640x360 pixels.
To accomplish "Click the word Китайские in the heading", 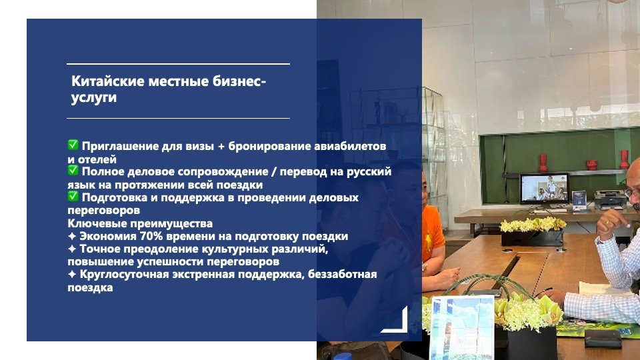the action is pyautogui.click(x=108, y=81).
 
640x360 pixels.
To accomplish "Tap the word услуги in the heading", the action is pyautogui.click(x=94, y=97).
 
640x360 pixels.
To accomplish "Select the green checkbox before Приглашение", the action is pyautogui.click(x=73, y=145).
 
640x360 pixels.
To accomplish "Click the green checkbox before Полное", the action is pyautogui.click(x=73, y=170).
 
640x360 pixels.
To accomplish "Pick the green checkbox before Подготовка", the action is pyautogui.click(x=73, y=196).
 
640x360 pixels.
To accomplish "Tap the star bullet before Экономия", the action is pyautogui.click(x=72, y=236).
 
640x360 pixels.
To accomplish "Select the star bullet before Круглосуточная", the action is pyautogui.click(x=72, y=274).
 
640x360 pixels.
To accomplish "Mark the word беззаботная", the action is pyautogui.click(x=342, y=274).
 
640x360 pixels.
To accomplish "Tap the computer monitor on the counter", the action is pyautogui.click(x=544, y=189).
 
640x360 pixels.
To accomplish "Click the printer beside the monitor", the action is pyautogui.click(x=610, y=199).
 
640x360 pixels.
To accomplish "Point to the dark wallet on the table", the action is pyautogui.click(x=603, y=338).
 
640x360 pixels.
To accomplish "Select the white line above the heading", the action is pyautogui.click(x=179, y=64).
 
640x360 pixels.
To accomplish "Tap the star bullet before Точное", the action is pyautogui.click(x=72, y=249).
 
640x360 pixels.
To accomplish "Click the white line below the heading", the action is pyautogui.click(x=179, y=119).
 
